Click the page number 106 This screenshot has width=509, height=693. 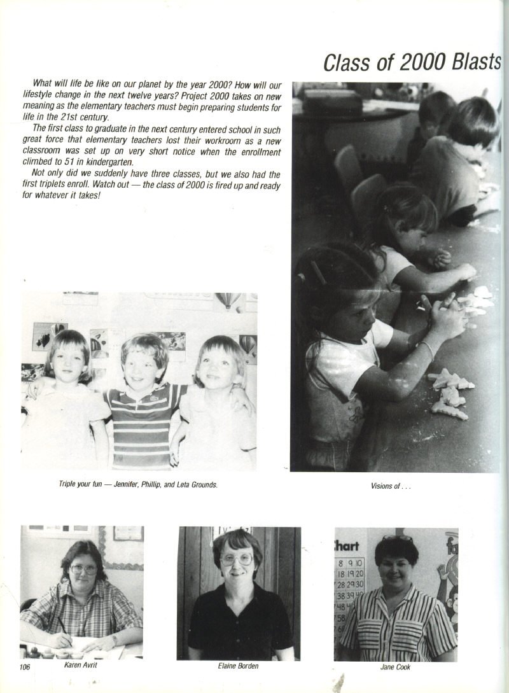click(x=25, y=666)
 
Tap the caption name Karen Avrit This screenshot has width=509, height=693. click(x=80, y=665)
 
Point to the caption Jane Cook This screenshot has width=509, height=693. click(x=395, y=667)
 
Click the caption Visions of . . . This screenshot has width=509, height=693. click(x=385, y=486)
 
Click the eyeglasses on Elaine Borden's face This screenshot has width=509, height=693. click(x=236, y=559)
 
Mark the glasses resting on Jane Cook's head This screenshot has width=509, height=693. click(x=397, y=539)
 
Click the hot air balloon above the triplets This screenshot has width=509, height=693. click(x=228, y=299)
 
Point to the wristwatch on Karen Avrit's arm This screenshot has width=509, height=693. click(x=114, y=639)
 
